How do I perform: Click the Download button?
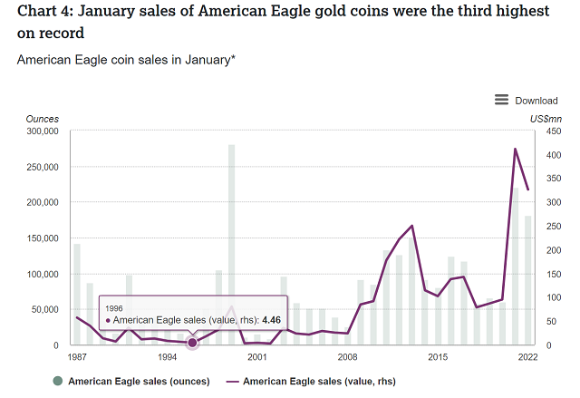[x=536, y=101]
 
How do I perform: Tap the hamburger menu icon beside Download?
[x=501, y=100]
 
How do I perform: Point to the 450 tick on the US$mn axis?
[x=549, y=131]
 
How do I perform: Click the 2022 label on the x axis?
[x=528, y=357]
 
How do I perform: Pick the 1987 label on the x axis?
[x=77, y=357]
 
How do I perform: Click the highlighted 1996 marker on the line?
[x=192, y=343]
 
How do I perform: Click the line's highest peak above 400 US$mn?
[x=515, y=149]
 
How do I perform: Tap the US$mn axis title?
[x=546, y=119]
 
